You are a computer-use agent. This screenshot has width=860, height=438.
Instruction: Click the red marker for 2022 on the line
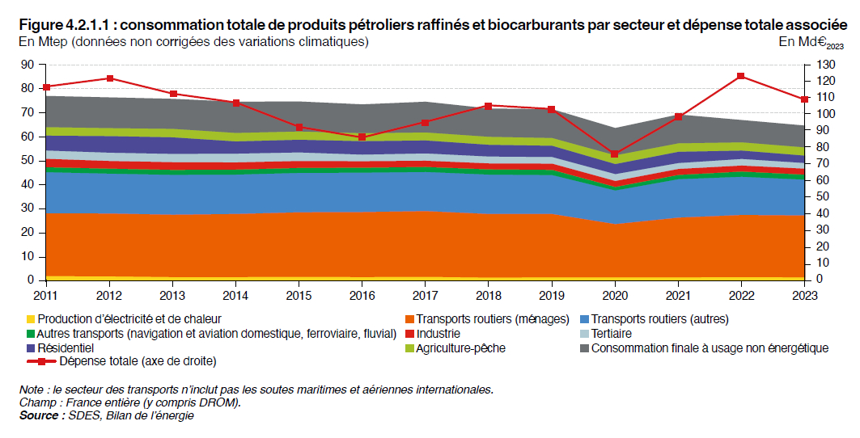click(x=740, y=76)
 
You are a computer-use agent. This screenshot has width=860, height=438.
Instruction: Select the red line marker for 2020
click(x=615, y=154)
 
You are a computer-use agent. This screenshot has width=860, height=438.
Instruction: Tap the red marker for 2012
click(x=110, y=78)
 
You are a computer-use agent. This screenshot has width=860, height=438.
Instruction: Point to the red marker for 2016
click(x=362, y=137)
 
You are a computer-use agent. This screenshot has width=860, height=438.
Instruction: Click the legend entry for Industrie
click(x=438, y=334)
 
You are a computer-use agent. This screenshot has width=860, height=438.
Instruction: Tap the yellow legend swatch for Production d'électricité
click(x=30, y=319)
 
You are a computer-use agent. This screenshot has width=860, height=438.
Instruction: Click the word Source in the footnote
click(x=40, y=415)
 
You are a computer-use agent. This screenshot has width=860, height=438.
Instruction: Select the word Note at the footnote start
click(x=32, y=390)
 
